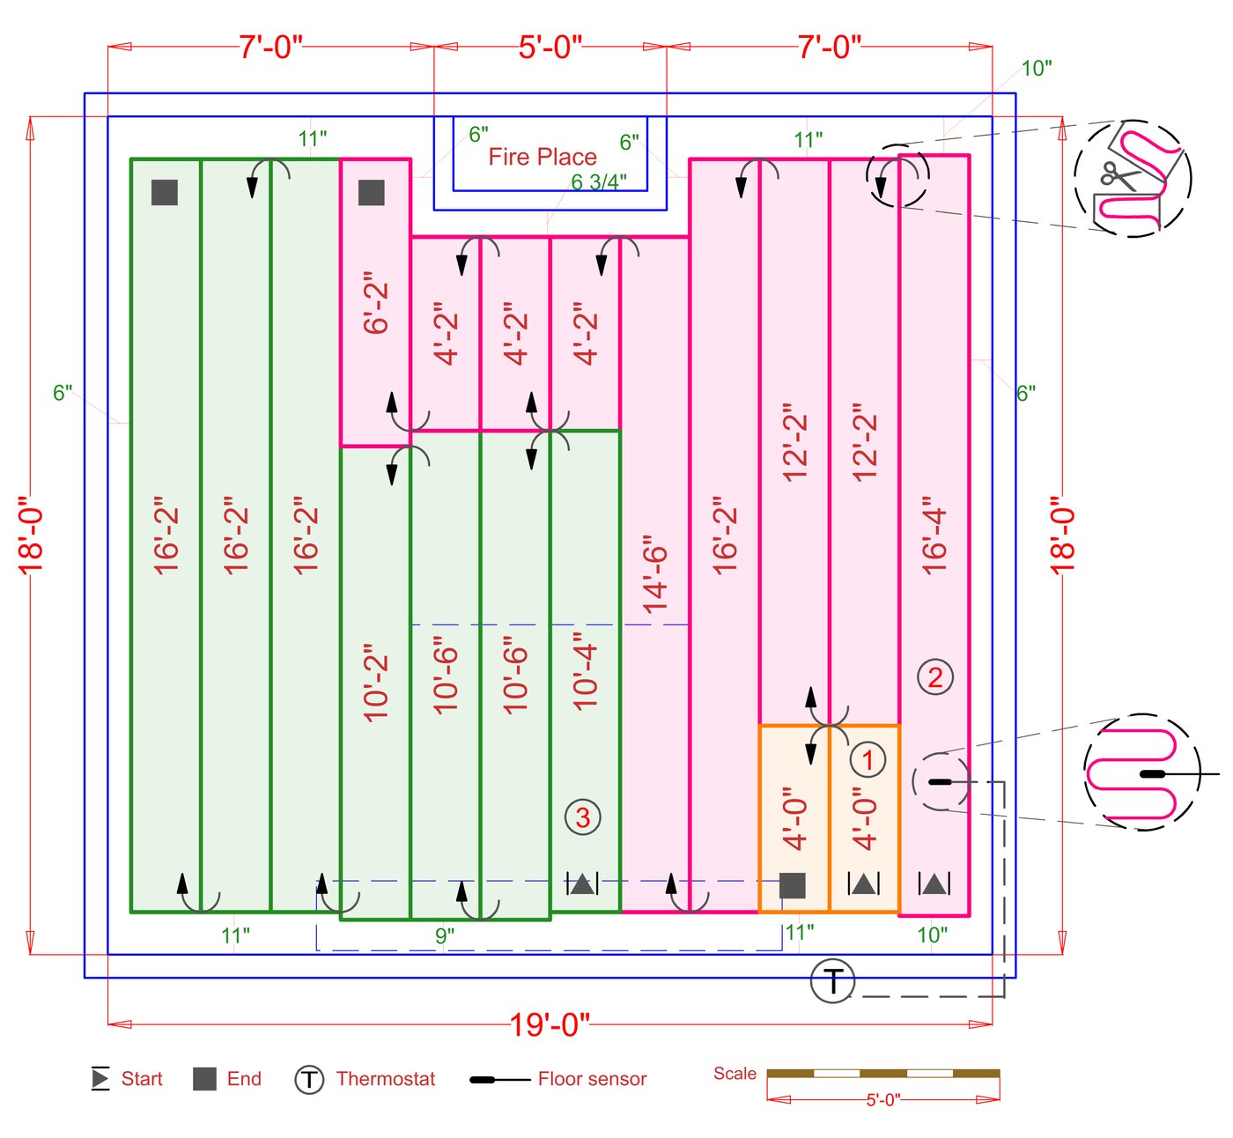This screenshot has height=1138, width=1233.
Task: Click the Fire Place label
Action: (x=543, y=157)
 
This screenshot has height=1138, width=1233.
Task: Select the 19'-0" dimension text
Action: (x=550, y=1024)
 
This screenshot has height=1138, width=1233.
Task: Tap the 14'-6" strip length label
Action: (x=655, y=574)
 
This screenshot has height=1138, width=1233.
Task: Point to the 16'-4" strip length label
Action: (x=934, y=541)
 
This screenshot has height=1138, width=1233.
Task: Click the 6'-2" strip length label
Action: (x=376, y=303)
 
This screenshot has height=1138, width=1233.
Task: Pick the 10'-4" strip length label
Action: (x=585, y=671)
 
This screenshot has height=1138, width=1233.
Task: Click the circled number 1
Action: (x=868, y=759)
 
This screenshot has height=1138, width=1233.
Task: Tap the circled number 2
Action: (x=935, y=677)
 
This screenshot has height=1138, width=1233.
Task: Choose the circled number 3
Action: (x=583, y=817)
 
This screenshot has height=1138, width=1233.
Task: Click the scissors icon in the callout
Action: (x=1119, y=176)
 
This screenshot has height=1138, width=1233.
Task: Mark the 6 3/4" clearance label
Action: (x=599, y=182)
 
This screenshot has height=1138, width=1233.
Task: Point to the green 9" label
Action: (x=445, y=935)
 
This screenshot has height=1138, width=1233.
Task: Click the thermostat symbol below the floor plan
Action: (x=832, y=980)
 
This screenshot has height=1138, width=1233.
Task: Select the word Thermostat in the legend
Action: (x=386, y=1079)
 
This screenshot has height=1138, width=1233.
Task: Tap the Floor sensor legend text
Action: (x=592, y=1079)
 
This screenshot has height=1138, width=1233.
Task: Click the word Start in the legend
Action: (x=142, y=1079)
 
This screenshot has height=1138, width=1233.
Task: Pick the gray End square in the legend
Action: (x=204, y=1079)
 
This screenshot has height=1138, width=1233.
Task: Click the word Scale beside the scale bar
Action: (x=735, y=1074)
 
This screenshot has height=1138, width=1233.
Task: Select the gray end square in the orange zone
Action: (x=793, y=885)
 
